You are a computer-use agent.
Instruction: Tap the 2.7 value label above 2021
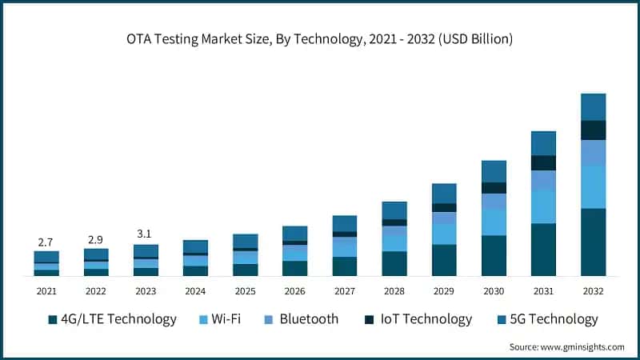click(x=46, y=242)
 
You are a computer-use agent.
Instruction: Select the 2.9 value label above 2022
click(x=96, y=239)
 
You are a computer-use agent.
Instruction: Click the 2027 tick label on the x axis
click(x=345, y=291)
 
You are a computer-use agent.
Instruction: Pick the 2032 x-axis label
click(x=593, y=291)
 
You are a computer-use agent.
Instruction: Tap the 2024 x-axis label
click(x=195, y=291)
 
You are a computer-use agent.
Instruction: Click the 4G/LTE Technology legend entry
click(x=112, y=319)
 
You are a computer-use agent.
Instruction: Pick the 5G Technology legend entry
click(x=549, y=319)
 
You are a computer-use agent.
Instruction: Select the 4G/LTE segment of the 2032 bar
click(x=593, y=242)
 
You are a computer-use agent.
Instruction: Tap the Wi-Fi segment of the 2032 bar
click(x=593, y=186)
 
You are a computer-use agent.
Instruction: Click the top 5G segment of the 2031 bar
click(x=543, y=143)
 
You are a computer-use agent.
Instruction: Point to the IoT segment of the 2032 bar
click(x=593, y=130)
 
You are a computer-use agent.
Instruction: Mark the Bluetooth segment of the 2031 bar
click(x=543, y=181)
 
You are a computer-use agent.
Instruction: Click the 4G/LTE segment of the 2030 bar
click(x=494, y=255)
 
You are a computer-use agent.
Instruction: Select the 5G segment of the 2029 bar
click(x=444, y=193)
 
